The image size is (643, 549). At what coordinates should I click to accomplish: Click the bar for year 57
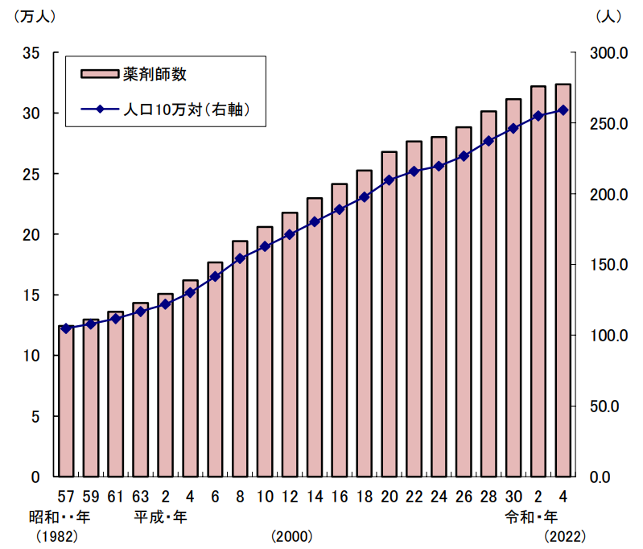click(66, 402)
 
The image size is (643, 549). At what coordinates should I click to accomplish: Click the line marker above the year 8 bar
click(240, 258)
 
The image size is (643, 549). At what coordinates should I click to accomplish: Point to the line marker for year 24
click(439, 166)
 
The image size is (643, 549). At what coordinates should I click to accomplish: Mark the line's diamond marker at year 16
click(340, 209)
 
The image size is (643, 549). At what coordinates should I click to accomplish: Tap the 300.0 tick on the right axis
click(597, 53)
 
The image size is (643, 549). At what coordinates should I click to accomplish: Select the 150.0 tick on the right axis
click(597, 265)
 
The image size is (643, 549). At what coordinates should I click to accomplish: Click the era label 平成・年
click(161, 516)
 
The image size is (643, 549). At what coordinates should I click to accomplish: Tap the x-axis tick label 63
click(141, 495)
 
